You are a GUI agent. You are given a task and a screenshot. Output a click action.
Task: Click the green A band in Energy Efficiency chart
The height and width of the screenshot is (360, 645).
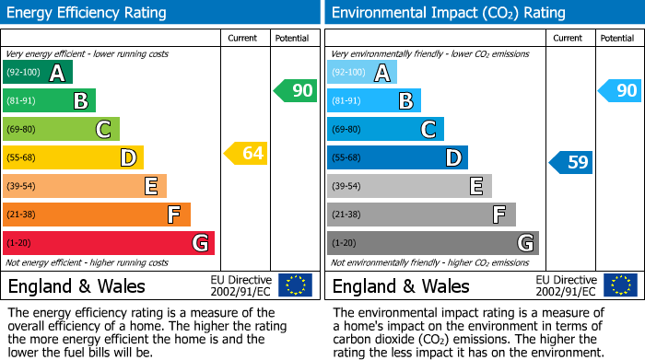pos(38,73)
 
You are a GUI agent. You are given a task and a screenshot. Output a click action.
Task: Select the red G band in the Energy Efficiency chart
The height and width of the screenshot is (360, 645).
pos(109,243)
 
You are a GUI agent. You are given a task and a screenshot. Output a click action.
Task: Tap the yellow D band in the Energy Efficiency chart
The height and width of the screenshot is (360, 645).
pos(73,157)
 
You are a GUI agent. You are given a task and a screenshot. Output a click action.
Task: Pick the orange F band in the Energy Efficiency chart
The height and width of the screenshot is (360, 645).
pos(97,215)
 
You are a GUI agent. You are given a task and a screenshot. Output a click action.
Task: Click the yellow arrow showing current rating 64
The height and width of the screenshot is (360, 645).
pos(246,153)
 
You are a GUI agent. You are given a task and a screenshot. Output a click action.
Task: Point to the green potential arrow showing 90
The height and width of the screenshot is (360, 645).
pos(295,90)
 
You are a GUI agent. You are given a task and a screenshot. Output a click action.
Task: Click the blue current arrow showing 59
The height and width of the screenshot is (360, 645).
pos(571,163)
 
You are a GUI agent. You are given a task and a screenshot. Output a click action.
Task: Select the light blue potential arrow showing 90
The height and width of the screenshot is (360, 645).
pos(619,90)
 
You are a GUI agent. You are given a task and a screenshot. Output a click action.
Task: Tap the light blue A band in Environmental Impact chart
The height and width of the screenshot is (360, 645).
pos(362,73)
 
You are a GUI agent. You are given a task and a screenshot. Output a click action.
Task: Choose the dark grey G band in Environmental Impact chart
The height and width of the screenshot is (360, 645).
pos(433,243)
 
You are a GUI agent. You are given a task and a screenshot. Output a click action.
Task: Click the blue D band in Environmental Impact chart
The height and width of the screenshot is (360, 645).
pos(397,157)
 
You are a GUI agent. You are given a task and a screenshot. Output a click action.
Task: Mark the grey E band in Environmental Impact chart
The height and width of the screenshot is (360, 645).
pos(409,186)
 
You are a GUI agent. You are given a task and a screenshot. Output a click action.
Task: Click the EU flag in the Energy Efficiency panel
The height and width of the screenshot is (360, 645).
pos(295,285)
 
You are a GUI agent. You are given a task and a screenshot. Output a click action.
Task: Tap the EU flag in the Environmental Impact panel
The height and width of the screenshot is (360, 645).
pos(619,285)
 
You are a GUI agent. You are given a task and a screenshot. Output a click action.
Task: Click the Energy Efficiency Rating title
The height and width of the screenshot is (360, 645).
pos(88,13)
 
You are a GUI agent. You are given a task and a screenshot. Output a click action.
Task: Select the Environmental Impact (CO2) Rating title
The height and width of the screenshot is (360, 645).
pos(448,13)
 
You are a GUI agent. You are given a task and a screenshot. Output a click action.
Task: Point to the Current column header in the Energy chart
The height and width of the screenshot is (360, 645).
pos(242,38)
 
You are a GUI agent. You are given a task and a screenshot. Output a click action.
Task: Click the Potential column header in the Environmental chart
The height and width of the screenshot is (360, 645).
pos(616,38)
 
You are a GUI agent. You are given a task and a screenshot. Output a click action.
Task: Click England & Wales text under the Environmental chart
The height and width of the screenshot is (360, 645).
pos(401,285)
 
